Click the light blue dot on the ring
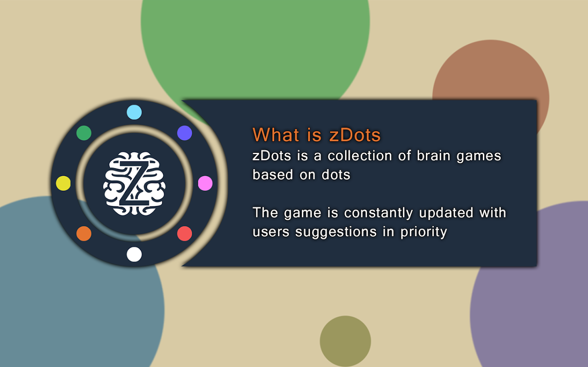[134, 112]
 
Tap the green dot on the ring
[84, 133]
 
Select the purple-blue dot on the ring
[185, 133]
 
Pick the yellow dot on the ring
[63, 183]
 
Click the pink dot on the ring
[205, 183]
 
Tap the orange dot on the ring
[84, 234]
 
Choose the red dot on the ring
[185, 234]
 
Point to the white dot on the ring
[134, 254]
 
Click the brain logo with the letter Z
[134, 183]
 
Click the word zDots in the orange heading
[355, 135]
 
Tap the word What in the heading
[276, 135]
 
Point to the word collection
[360, 156]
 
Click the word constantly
[379, 213]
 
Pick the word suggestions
[336, 232]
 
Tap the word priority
[424, 232]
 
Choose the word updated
[446, 212]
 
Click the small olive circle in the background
[345, 341]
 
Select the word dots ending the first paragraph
[336, 175]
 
